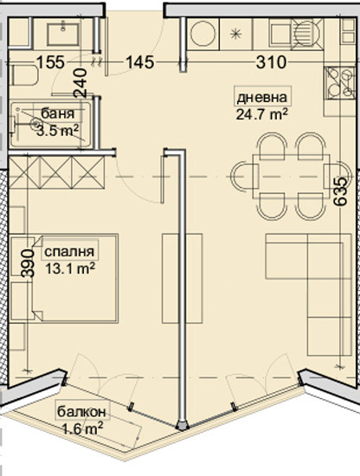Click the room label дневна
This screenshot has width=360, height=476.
pos(260,97)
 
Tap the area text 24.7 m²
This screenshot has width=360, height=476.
pos(260,113)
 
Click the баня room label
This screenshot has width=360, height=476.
pos(52,113)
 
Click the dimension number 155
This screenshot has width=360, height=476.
pos(51,61)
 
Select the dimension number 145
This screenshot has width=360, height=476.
pos(139,61)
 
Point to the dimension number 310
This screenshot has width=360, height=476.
pos(273,61)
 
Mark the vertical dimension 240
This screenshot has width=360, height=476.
pos(80,83)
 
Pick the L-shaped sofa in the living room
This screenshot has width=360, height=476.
pos(303,268)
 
